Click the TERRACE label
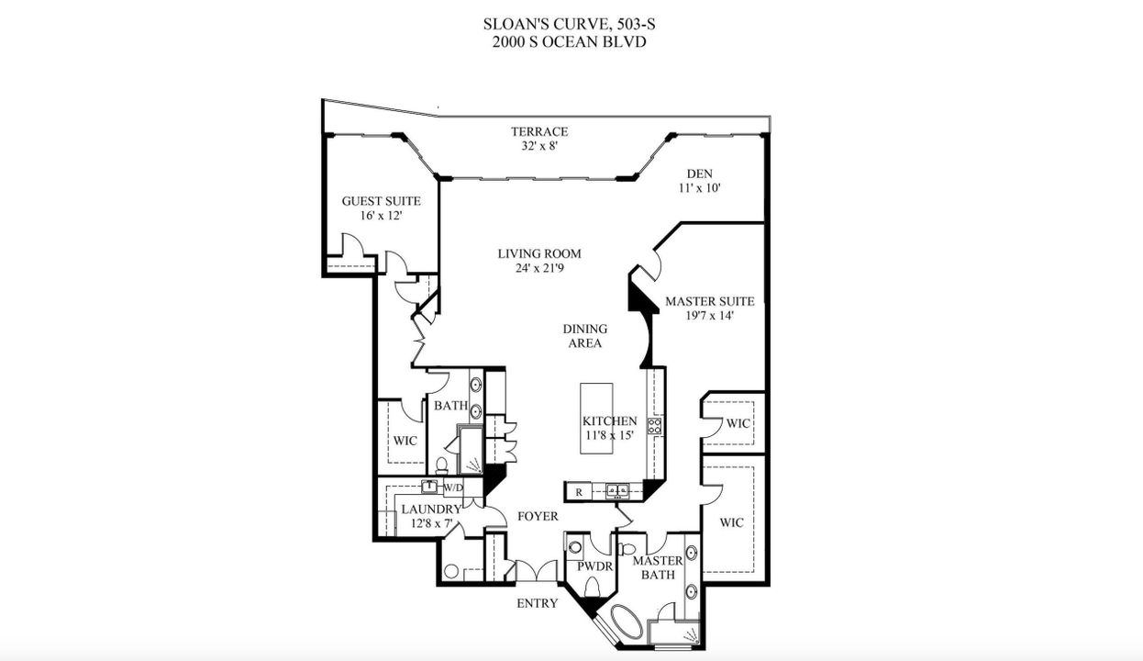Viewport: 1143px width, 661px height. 539,131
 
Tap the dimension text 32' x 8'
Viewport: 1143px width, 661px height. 539,145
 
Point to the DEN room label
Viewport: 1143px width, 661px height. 699,174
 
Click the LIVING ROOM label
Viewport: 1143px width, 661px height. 539,254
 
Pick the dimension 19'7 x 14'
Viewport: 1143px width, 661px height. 709,315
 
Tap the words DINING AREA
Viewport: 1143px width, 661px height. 584,336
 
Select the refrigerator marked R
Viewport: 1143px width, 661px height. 579,492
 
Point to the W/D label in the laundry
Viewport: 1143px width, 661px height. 453,487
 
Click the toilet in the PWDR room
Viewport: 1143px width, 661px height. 592,587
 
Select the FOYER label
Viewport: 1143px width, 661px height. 538,517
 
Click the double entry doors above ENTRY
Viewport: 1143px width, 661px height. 537,571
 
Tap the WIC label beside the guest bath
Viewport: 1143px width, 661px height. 405,441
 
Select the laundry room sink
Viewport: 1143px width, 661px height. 428,487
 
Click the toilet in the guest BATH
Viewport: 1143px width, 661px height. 441,465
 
